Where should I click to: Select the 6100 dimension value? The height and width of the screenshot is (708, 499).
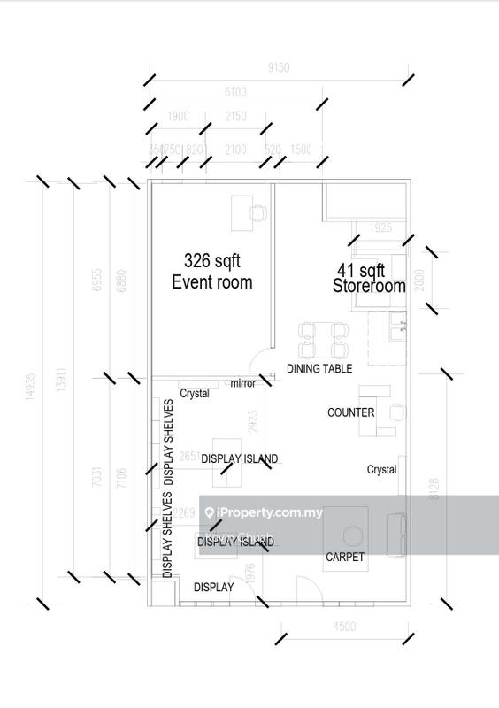coord(235,92)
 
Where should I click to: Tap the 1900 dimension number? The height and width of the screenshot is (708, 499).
coord(178,117)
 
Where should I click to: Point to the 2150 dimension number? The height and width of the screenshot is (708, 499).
coord(235,117)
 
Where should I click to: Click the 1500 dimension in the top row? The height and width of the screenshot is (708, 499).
coord(301,150)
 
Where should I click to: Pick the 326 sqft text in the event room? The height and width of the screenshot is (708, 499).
coord(211,261)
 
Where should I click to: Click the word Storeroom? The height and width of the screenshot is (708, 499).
coord(369,286)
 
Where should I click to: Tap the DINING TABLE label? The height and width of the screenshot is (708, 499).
coord(319,368)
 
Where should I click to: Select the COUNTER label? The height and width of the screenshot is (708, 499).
coord(350,412)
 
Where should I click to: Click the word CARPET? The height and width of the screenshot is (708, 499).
coord(345,557)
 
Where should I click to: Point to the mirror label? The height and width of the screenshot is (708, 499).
coord(242,383)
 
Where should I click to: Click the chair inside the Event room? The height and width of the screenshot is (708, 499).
coord(257,212)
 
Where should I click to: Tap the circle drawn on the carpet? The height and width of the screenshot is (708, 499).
coord(353,535)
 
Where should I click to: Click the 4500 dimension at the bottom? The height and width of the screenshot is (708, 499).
coord(344,627)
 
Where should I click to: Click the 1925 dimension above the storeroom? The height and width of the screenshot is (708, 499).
coord(380,228)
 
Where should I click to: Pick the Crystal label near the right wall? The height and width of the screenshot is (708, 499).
coord(381,470)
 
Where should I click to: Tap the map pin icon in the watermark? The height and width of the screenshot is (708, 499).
coord(210,512)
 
